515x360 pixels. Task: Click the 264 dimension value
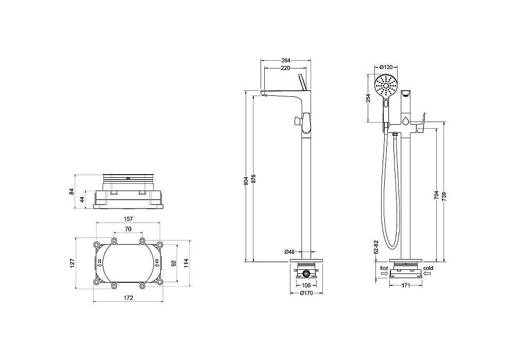286,60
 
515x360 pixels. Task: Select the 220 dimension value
285,68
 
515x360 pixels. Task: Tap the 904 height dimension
246,180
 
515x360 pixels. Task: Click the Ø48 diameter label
289,252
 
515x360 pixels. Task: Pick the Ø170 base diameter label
306,294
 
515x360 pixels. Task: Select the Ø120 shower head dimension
386,67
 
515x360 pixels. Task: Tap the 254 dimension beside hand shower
368,99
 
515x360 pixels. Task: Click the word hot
384,268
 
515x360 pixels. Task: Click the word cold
428,268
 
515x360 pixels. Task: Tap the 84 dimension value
72,192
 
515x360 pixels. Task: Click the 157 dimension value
128,219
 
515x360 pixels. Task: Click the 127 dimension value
73,263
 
